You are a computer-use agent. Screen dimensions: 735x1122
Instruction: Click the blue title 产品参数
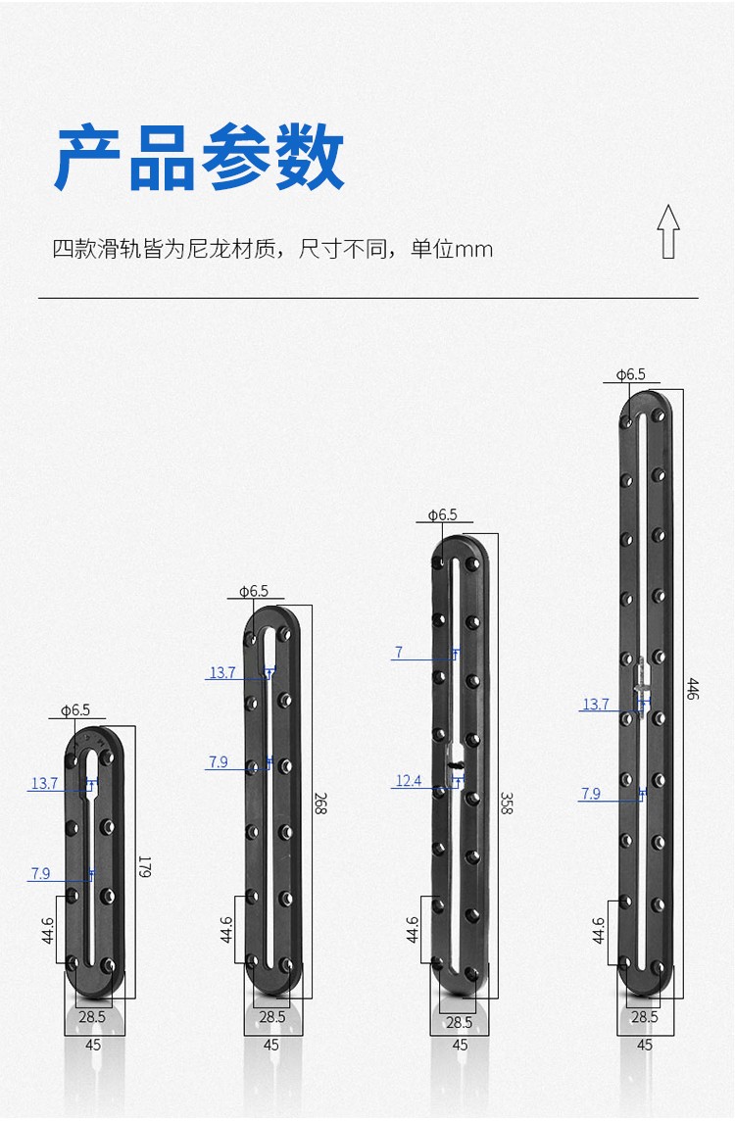click(200, 157)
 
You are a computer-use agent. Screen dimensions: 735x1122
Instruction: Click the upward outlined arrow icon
click(668, 231)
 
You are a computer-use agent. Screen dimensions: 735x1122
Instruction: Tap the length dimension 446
click(692, 688)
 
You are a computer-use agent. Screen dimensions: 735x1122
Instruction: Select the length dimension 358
click(506, 803)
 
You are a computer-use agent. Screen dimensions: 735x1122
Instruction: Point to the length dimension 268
click(319, 803)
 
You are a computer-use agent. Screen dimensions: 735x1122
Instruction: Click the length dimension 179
click(144, 866)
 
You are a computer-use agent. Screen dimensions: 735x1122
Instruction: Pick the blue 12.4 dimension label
click(409, 781)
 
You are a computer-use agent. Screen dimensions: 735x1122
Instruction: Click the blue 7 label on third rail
click(399, 652)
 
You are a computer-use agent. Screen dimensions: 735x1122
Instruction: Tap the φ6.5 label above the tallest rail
click(630, 374)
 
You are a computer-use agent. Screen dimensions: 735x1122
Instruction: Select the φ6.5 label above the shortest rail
click(75, 709)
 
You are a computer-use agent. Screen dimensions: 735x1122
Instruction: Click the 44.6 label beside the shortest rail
click(47, 930)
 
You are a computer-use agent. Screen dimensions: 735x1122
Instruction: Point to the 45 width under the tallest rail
click(645, 1045)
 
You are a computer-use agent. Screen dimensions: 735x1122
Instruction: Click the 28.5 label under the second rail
click(272, 1017)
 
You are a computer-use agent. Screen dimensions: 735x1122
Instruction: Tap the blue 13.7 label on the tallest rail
click(596, 705)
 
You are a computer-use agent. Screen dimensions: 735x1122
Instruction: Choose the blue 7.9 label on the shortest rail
click(41, 874)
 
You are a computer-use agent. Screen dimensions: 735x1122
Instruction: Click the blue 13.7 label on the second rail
click(222, 672)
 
